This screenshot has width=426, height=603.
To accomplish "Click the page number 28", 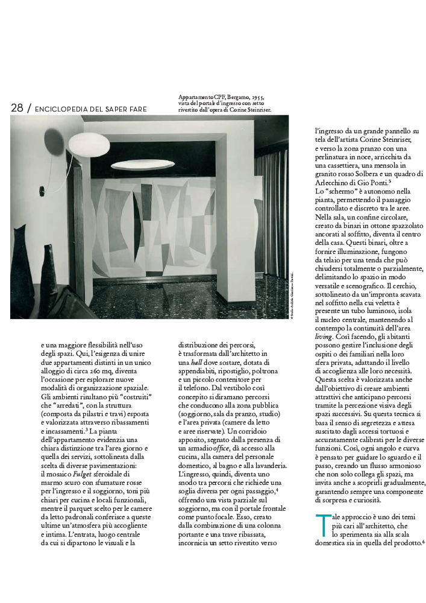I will point(17,108).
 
